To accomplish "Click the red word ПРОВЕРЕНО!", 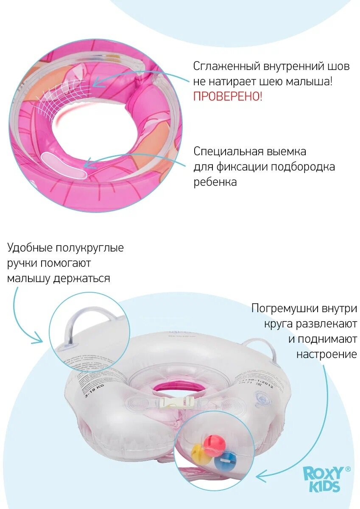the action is [228, 96].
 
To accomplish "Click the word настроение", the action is [327, 354].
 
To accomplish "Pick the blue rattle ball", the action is [223, 461].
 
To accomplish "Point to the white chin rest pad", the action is [64, 164].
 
